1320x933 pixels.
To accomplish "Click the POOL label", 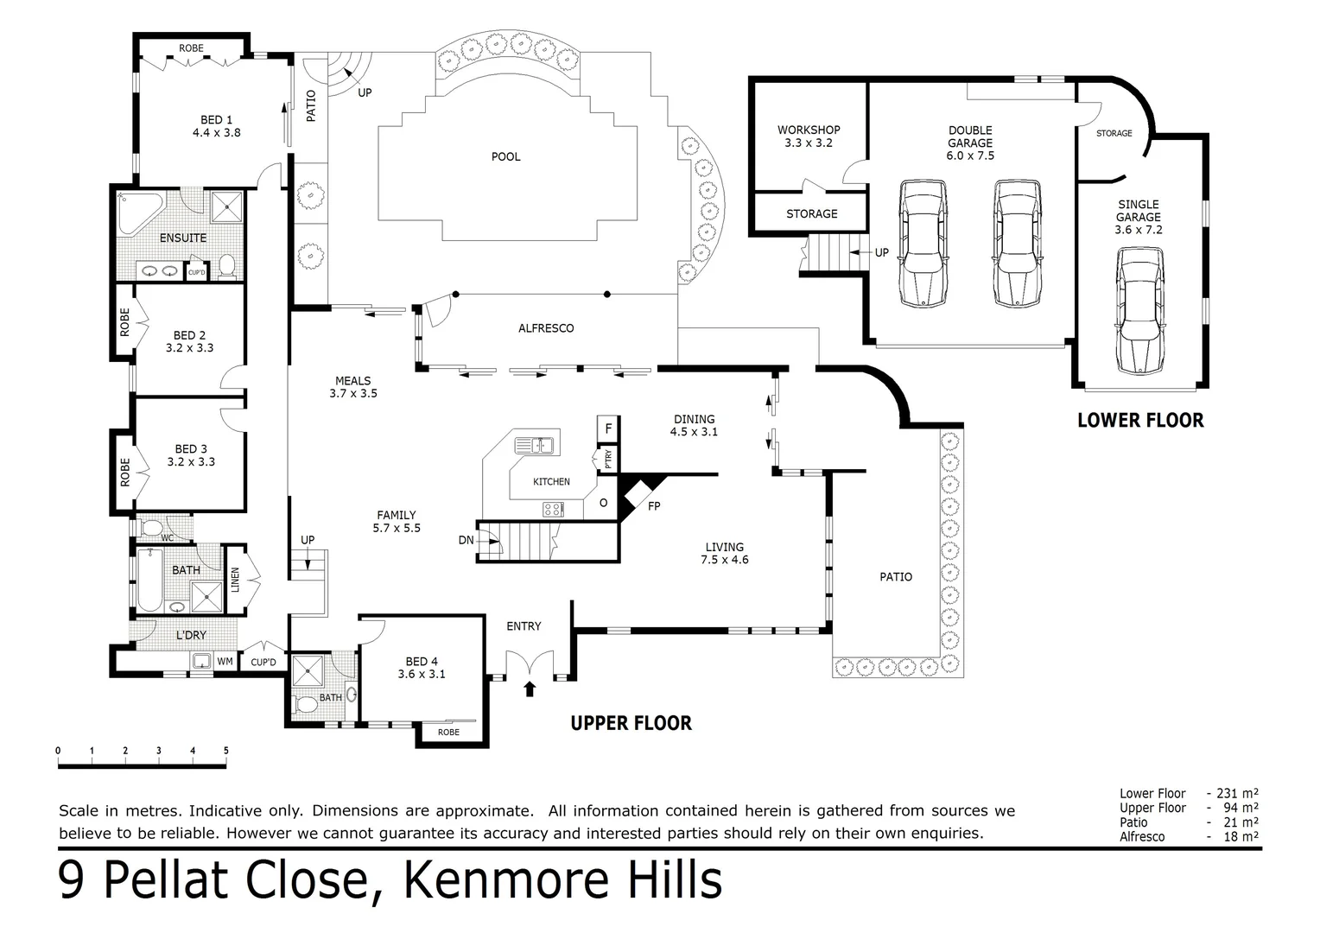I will (505, 156).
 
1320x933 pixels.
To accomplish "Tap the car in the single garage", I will (1139, 311).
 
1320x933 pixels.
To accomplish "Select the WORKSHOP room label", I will (808, 130).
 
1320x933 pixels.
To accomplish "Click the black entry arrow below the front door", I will (530, 688).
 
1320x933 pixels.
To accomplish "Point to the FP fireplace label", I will (654, 506).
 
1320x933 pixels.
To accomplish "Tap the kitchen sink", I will (534, 446).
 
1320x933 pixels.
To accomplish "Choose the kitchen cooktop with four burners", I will (553, 510).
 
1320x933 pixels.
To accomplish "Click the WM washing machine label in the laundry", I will (225, 662).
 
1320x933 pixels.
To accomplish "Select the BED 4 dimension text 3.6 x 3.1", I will (422, 674).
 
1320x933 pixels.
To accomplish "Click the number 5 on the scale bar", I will (225, 751).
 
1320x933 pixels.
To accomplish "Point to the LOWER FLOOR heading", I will (1139, 421).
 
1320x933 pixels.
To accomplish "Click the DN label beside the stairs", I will (466, 540).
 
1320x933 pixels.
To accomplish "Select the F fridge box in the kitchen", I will (608, 428).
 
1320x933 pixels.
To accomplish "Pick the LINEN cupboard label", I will (234, 579).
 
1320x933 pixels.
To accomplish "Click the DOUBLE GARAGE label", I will (970, 136).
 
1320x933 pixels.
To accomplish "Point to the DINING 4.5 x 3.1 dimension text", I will (694, 432).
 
